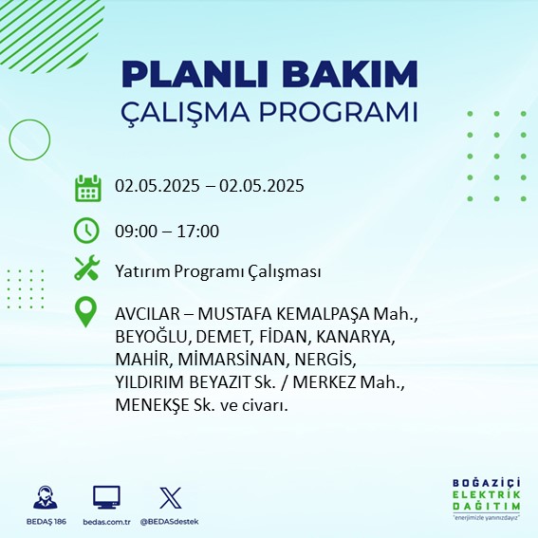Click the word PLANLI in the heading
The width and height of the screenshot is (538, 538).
coord(195,74)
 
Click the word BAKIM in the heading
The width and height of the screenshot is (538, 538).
coord(349,74)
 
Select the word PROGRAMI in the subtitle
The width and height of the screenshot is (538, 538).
coord(338,112)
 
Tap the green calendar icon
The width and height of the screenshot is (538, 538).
coord(88,188)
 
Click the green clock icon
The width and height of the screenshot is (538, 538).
coord(86,231)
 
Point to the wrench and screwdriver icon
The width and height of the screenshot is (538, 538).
coord(86,268)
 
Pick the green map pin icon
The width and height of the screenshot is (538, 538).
coord(85,312)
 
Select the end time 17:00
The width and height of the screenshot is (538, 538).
coord(198,232)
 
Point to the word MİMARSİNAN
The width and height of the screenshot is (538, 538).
coord(232,360)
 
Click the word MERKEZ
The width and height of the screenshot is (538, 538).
coord(325,382)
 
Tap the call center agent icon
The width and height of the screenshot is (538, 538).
coord(46,497)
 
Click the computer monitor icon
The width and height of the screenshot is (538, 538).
coord(106,497)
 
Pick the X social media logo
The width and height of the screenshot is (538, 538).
coord(171,497)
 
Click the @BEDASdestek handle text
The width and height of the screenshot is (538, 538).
coord(169,522)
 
